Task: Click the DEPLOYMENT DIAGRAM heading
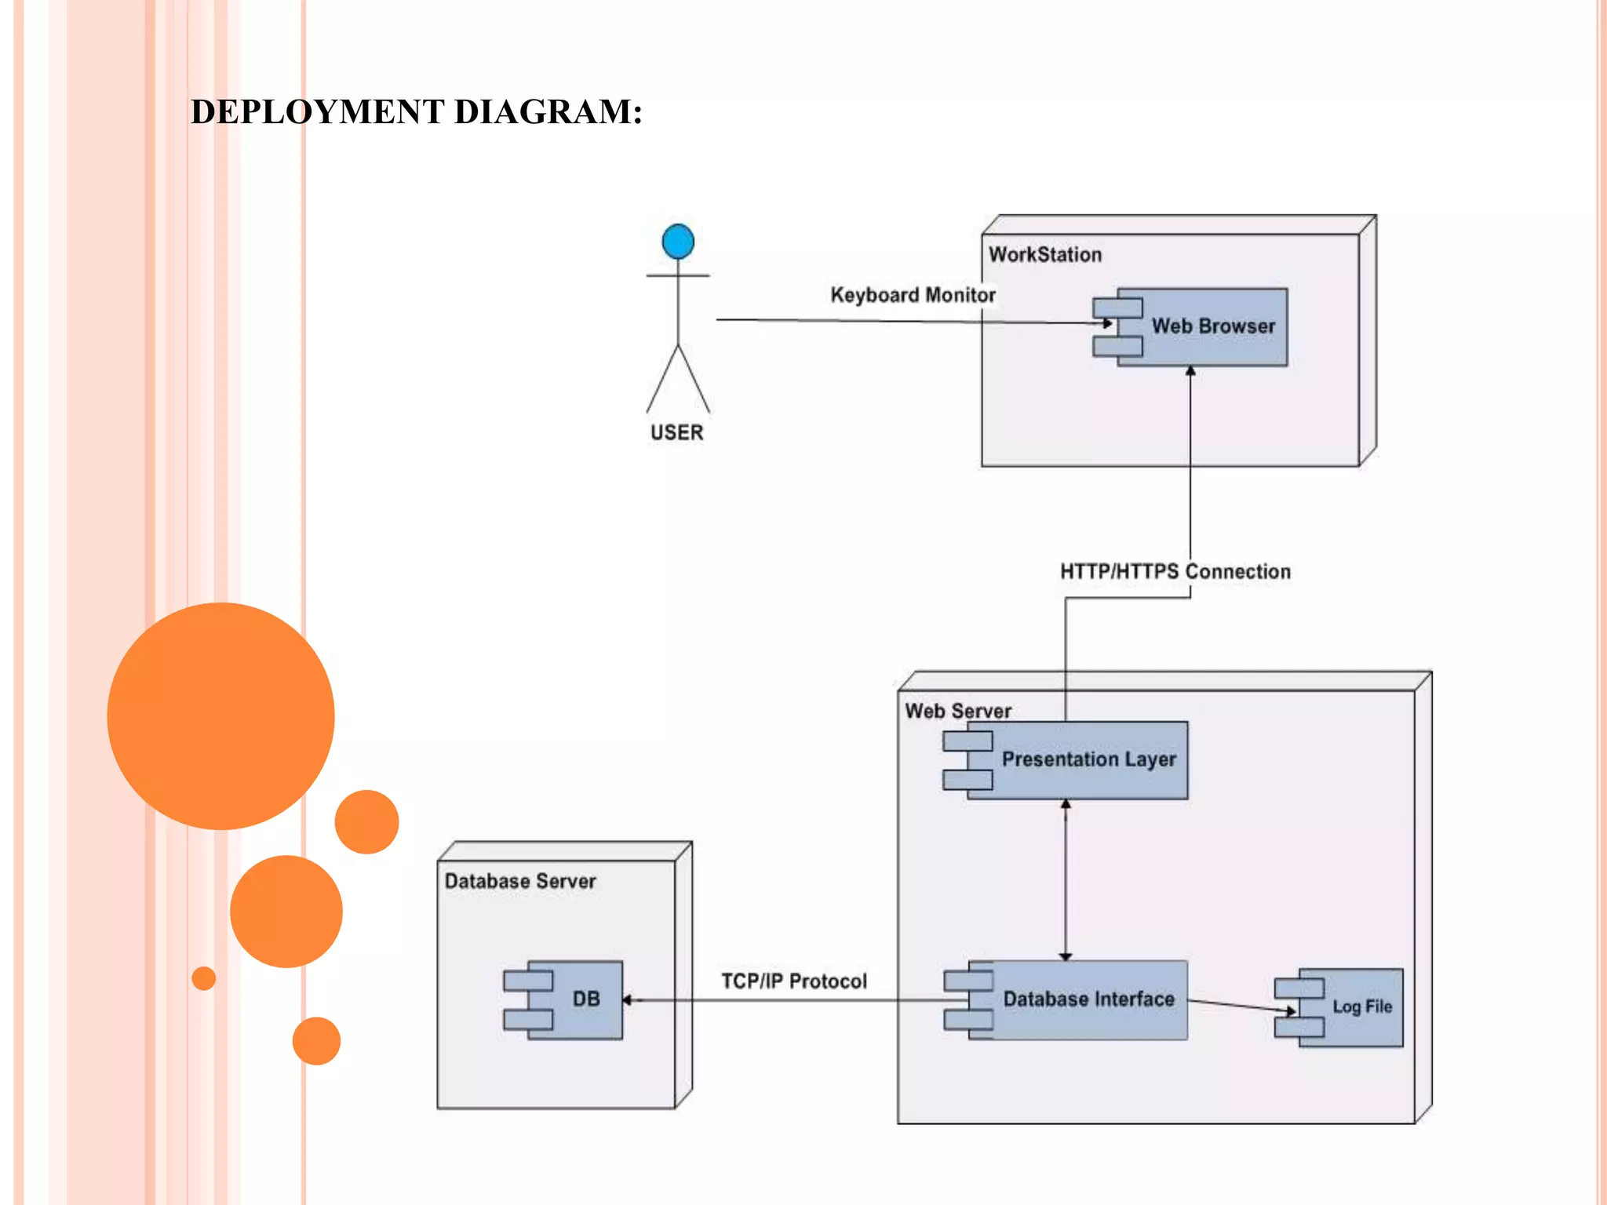point(417,112)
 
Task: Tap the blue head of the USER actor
point(678,241)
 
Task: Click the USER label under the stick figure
point(676,432)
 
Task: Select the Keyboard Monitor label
point(913,295)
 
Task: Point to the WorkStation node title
point(1044,254)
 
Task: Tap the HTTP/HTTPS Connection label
point(1175,571)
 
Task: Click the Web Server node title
point(957,711)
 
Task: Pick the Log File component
point(1350,1007)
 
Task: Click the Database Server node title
point(520,881)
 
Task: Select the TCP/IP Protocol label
point(793,981)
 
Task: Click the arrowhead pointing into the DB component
point(628,999)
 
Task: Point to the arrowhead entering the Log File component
point(1290,1011)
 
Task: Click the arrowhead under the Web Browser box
point(1190,371)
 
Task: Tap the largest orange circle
point(220,715)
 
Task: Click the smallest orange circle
point(203,978)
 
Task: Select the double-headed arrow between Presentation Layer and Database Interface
point(1066,879)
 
